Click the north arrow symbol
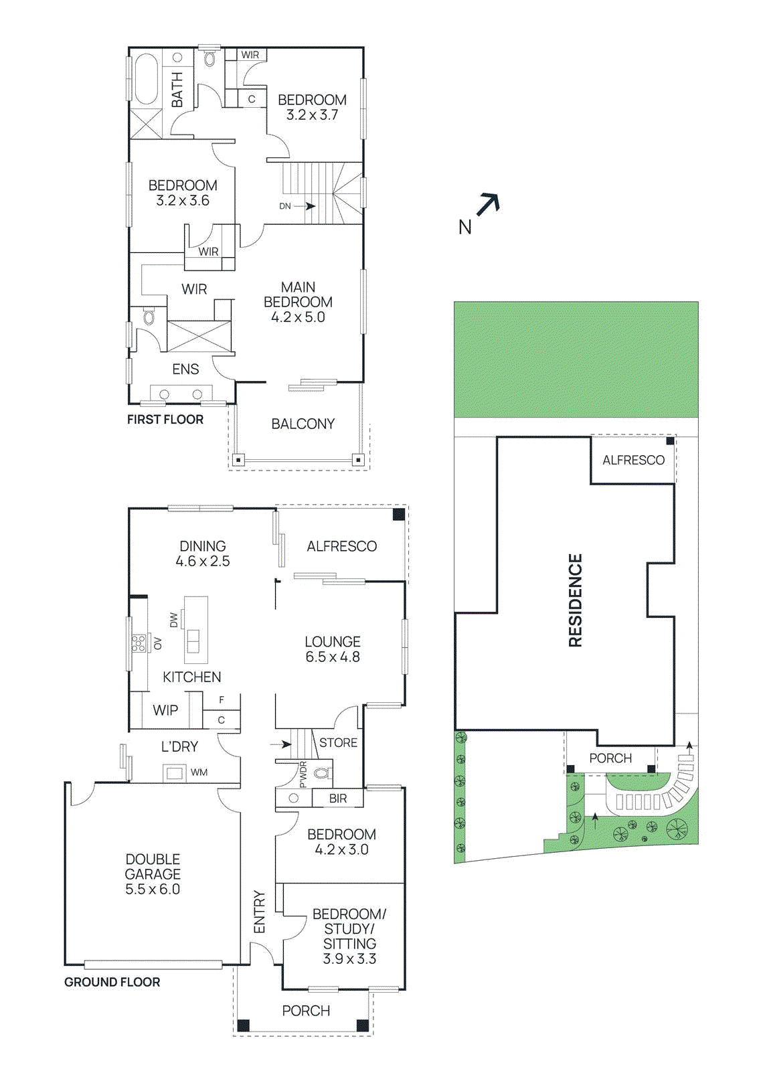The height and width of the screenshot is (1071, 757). tap(488, 203)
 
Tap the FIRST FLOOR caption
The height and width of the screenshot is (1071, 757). tap(165, 420)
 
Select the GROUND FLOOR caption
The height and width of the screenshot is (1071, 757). tap(112, 982)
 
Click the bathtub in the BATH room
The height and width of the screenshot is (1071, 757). tap(146, 79)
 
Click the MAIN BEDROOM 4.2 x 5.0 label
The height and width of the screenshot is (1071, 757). tap(298, 302)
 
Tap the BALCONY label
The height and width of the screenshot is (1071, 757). tap(303, 424)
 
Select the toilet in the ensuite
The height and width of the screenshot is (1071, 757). tap(149, 316)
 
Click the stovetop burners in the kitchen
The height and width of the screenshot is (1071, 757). tap(139, 643)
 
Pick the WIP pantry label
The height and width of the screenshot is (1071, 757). tap(165, 710)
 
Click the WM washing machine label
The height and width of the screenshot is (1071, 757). tap(199, 772)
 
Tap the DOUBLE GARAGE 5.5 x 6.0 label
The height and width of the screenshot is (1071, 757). tap(153, 874)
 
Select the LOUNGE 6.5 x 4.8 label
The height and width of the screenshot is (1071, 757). tap(333, 649)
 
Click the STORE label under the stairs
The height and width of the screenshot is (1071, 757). tap(338, 742)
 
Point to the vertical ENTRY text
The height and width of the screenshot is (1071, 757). tap(260, 912)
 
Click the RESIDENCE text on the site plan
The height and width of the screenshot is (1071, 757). tap(576, 600)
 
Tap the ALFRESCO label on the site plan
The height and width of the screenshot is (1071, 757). tap(633, 460)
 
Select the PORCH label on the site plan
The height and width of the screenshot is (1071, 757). tap(610, 758)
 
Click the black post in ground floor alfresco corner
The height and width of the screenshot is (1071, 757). tap(398, 514)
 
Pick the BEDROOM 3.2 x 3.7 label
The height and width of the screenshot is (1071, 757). tap(312, 107)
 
